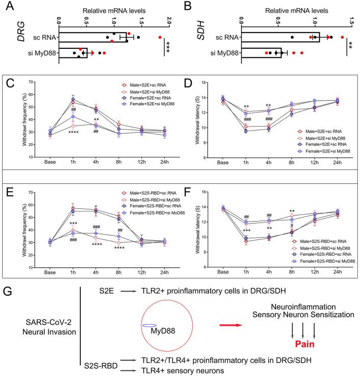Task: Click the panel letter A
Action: pyautogui.click(x=8, y=7)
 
